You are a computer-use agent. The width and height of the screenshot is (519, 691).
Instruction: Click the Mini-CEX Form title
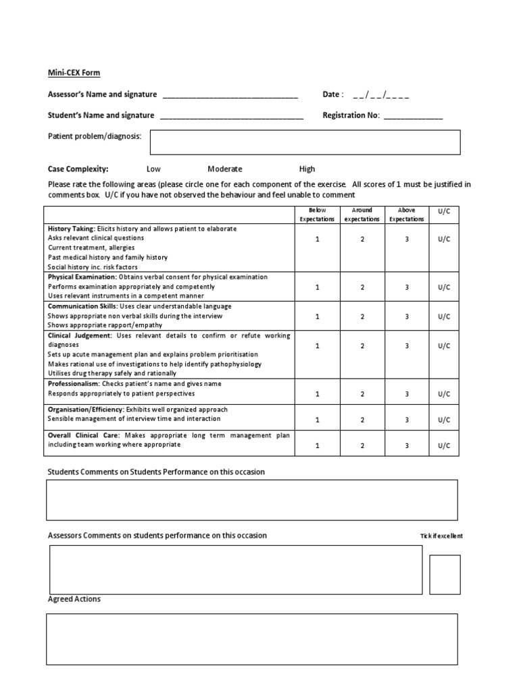coord(74,73)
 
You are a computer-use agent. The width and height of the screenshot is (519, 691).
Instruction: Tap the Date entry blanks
coord(380,95)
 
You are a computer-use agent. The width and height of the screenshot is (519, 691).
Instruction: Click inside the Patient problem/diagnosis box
coord(305,142)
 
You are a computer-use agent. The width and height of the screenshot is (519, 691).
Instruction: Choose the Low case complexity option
coord(153,169)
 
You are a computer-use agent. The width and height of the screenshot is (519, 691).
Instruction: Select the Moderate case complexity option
coord(224,169)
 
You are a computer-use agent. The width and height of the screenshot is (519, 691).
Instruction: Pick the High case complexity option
coord(307,169)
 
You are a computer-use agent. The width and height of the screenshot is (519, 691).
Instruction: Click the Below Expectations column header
coord(317,215)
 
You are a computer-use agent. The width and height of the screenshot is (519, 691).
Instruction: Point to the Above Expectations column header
coord(407,215)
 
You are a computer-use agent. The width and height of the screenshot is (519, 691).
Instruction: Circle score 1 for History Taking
coord(317,239)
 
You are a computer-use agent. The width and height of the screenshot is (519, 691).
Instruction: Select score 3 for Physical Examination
coord(407,287)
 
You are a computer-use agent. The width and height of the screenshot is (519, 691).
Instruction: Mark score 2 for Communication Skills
coord(362,316)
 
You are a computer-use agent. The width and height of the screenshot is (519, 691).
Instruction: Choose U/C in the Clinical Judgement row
coord(443,345)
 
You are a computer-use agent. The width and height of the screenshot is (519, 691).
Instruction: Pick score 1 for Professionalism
coord(317,394)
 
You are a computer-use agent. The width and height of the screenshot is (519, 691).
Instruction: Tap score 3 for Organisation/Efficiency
coord(407,420)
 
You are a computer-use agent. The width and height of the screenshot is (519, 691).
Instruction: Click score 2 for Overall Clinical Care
coord(362,445)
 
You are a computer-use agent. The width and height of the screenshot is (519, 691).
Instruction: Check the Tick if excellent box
coord(445,574)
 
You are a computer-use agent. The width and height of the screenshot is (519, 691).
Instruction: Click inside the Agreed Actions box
coord(251,639)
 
